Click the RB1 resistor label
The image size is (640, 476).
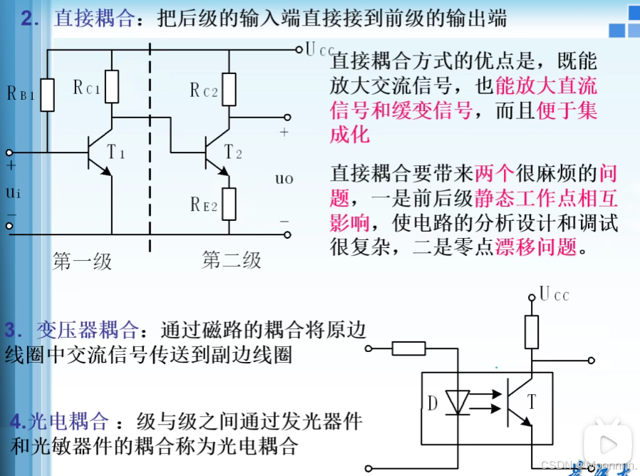click(x=20, y=93)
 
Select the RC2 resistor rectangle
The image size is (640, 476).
click(x=229, y=89)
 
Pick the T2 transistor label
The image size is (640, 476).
click(x=233, y=152)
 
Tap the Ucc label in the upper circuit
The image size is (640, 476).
click(x=318, y=50)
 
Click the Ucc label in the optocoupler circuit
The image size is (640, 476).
click(x=554, y=294)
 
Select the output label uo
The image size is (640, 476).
click(x=284, y=178)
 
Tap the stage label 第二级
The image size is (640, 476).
click(x=232, y=260)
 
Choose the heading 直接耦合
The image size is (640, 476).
click(x=93, y=19)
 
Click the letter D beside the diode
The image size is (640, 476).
click(x=432, y=403)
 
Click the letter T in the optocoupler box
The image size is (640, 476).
click(x=530, y=402)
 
